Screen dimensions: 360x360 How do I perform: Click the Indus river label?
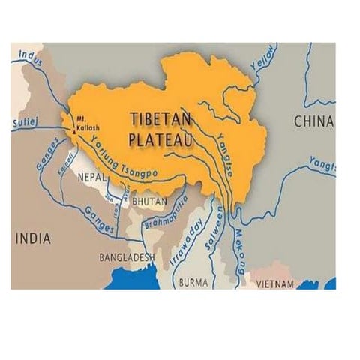pos(28,54)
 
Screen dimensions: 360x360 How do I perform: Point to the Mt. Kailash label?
pos(82,123)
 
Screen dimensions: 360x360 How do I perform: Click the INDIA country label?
pos(32,239)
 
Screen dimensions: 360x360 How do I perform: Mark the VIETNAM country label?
pos(278,284)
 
